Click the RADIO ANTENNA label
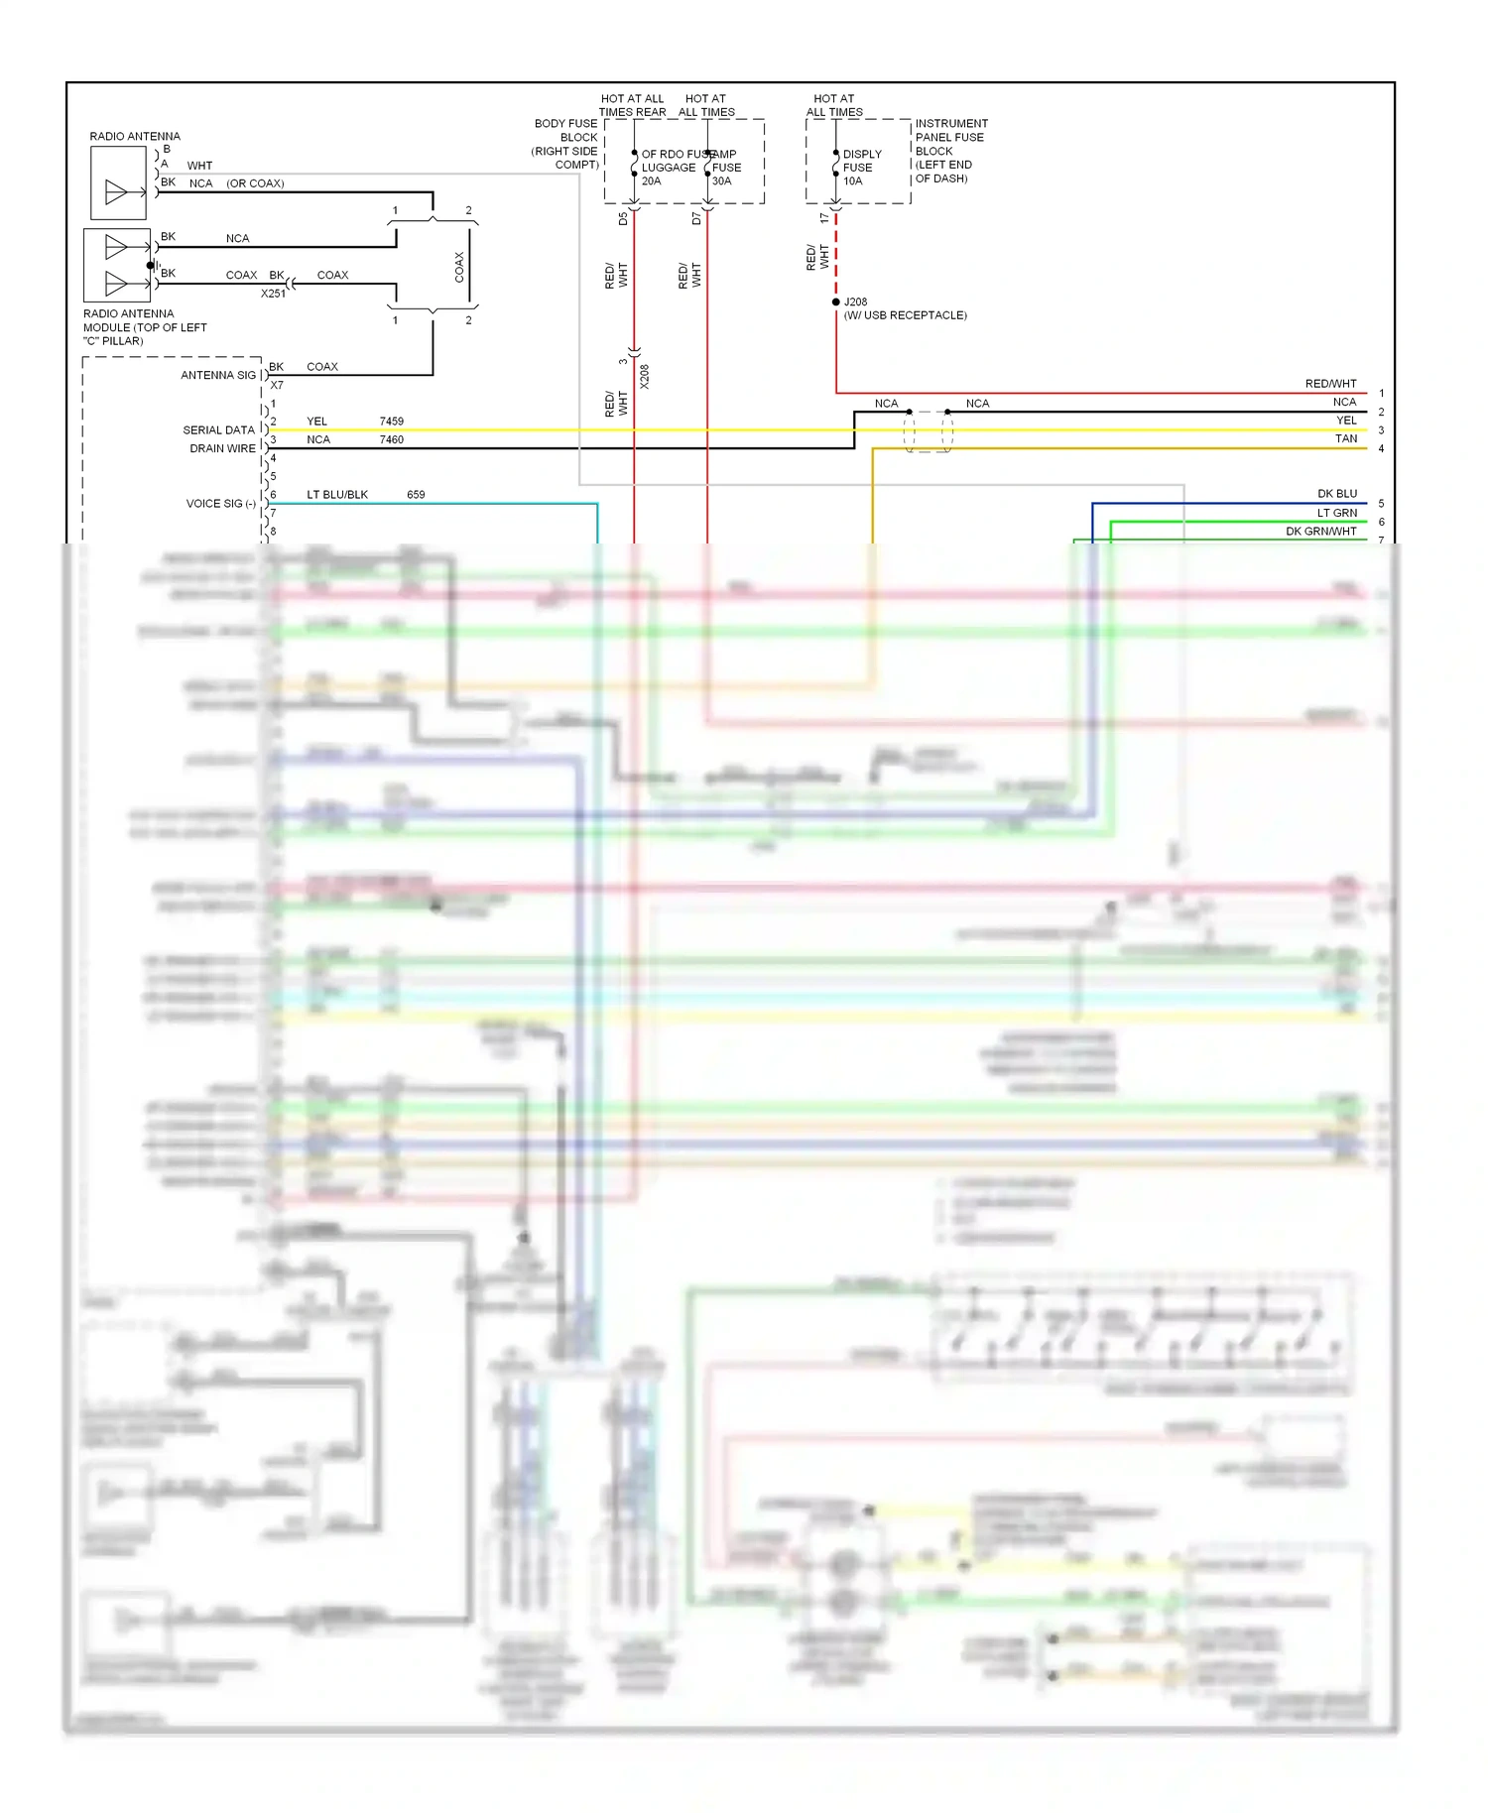(135, 136)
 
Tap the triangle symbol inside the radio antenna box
(116, 192)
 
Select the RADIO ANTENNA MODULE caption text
(144, 327)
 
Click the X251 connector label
(273, 294)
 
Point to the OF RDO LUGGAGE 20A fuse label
(668, 168)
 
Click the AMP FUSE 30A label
(725, 168)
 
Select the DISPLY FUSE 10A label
(861, 168)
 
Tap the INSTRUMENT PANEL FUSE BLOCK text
(949, 151)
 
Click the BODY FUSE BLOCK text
(566, 144)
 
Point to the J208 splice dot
(836, 302)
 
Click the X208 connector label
(644, 376)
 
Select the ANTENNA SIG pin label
(218, 375)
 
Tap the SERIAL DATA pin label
(218, 429)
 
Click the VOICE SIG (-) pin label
(220, 504)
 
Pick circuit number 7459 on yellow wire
(391, 422)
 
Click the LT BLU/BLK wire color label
(337, 494)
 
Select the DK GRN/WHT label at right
(1320, 532)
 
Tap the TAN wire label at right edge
(1345, 438)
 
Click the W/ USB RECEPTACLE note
(905, 315)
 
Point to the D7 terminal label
(696, 218)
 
